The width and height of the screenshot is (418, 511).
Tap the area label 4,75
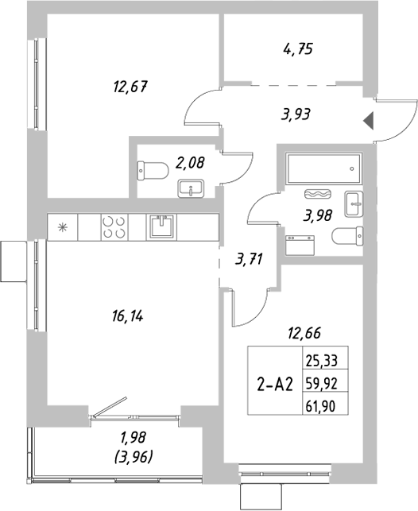pos(296,49)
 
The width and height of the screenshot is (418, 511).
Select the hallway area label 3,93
pos(295,114)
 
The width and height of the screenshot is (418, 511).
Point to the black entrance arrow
pos(368,121)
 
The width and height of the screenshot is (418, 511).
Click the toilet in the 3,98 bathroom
pos(349,236)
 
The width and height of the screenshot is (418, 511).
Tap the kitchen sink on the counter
pos(161,226)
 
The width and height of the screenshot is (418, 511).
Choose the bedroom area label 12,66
pos(304,334)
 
